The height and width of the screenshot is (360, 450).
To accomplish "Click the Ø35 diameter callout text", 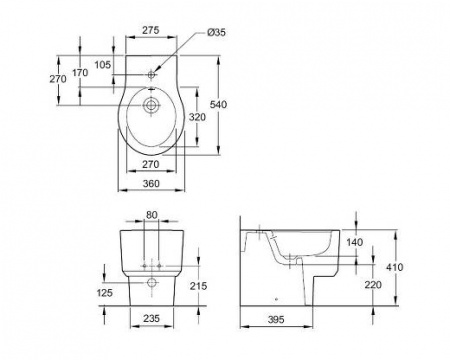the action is click(x=216, y=32).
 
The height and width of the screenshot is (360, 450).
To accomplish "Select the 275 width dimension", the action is click(x=151, y=30).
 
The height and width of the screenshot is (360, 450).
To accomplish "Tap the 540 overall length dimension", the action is click(x=218, y=105).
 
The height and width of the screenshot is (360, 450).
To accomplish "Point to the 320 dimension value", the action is click(x=197, y=117).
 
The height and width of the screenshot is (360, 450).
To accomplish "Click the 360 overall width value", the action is click(x=151, y=183).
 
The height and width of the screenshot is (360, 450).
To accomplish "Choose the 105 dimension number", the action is click(x=102, y=65).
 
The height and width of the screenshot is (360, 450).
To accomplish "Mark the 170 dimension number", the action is click(x=80, y=72).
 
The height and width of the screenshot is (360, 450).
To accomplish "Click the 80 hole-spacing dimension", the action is click(x=151, y=215).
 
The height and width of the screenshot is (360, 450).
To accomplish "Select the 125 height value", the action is click(x=105, y=293).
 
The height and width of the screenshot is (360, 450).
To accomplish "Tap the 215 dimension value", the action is click(x=198, y=286).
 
